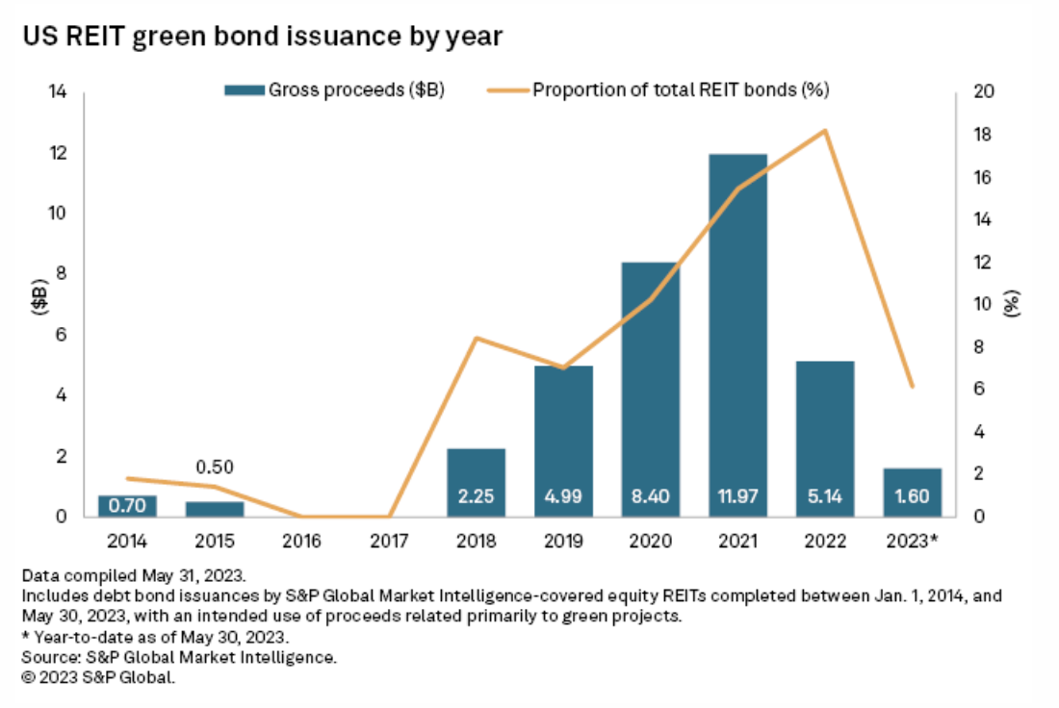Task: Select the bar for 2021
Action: pos(737,327)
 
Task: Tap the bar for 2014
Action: pos(127,505)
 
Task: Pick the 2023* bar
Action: pos(912,492)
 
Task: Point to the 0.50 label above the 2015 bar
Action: pos(215,468)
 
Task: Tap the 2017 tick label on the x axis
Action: pos(389,541)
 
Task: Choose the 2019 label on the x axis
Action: pos(563,541)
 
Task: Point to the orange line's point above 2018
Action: pos(477,338)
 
